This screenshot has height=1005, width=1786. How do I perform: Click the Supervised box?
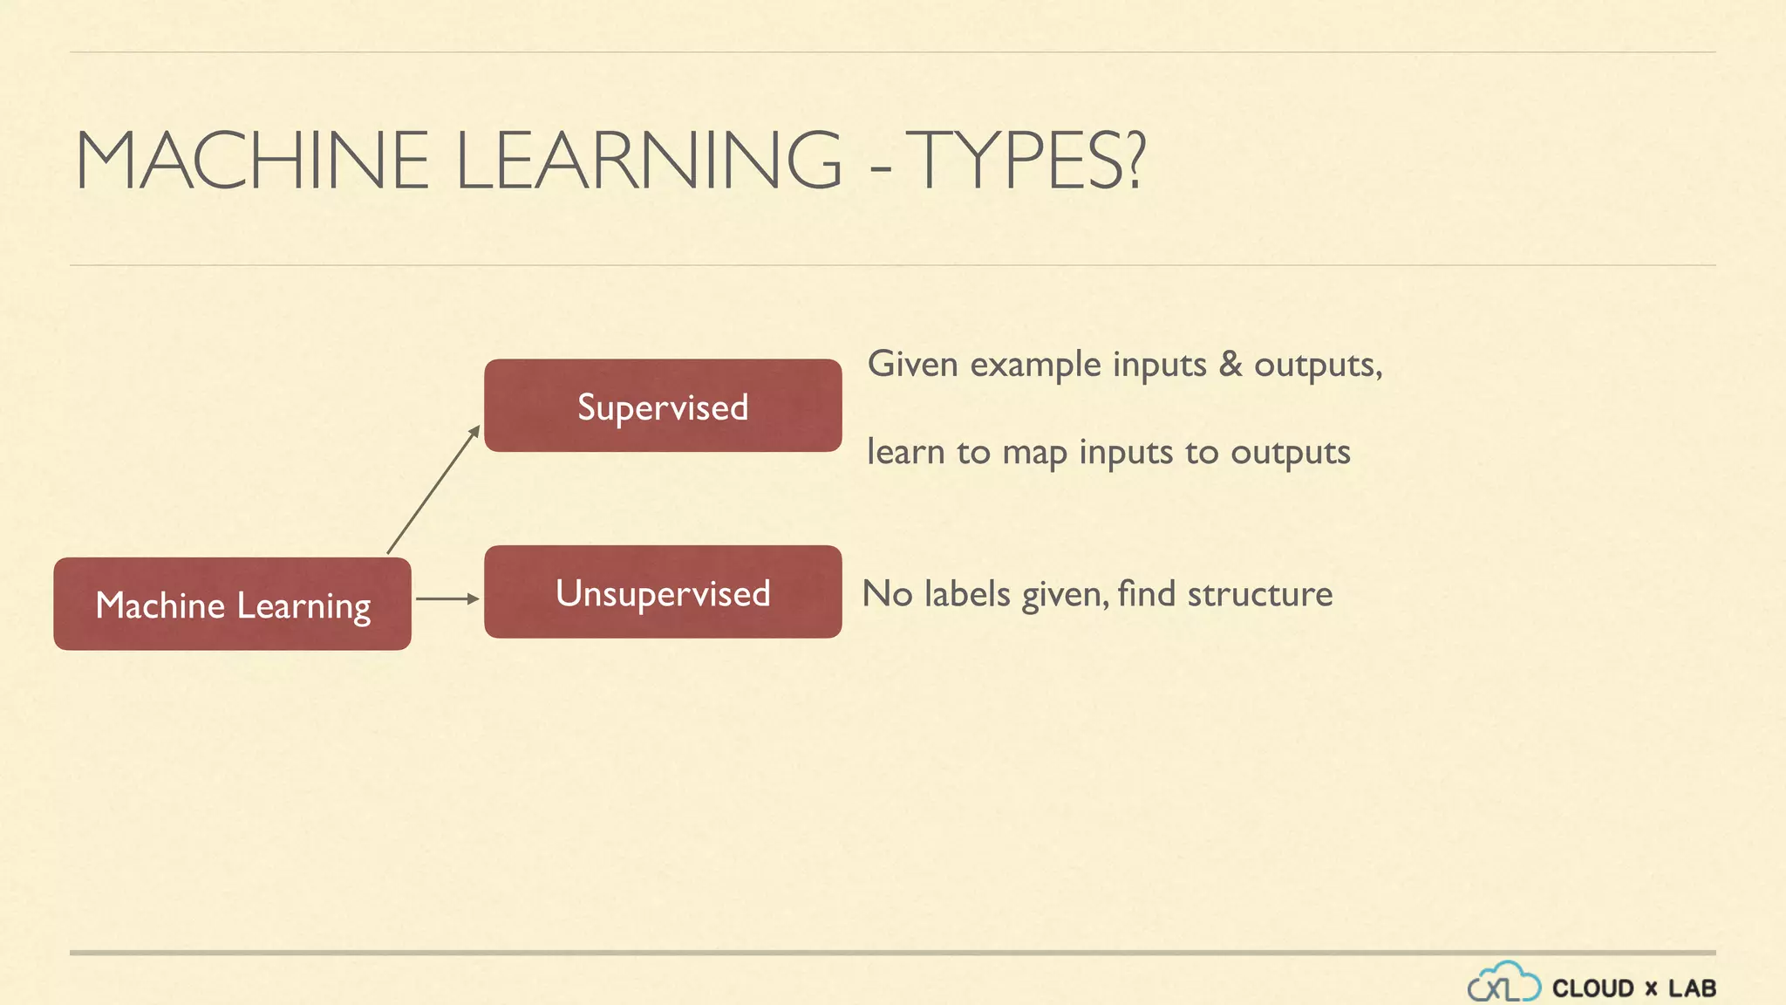663,406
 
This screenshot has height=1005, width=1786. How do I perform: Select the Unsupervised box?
663,592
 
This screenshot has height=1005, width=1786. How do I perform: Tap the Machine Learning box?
232,605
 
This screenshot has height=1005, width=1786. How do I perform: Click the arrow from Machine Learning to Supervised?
433,489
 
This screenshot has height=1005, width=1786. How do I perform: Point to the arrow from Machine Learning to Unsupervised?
447,598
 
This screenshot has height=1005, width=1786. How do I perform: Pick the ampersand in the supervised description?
1230,364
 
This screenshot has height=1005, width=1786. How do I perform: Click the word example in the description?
1036,366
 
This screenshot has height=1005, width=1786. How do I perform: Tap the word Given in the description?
913,364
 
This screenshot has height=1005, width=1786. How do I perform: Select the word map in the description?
1034,454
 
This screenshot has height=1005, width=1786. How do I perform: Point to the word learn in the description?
906,452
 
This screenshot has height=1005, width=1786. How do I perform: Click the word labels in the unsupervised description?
967,594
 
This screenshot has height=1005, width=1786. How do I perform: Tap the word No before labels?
887,594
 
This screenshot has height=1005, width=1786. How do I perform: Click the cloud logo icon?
1503,983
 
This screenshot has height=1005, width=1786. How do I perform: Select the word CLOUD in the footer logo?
1593,988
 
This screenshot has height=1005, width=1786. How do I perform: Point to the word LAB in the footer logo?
1692,988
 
